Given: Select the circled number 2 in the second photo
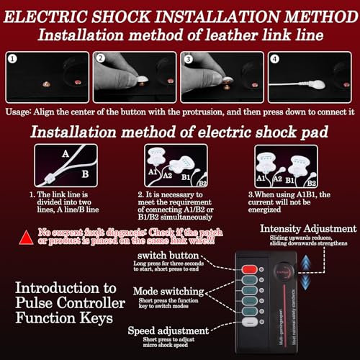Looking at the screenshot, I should tap(101, 60).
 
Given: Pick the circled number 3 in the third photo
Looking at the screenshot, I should tap(189, 60).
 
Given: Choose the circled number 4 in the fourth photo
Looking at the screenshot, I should tap(276, 60).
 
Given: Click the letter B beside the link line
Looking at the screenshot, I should tap(84, 173).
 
